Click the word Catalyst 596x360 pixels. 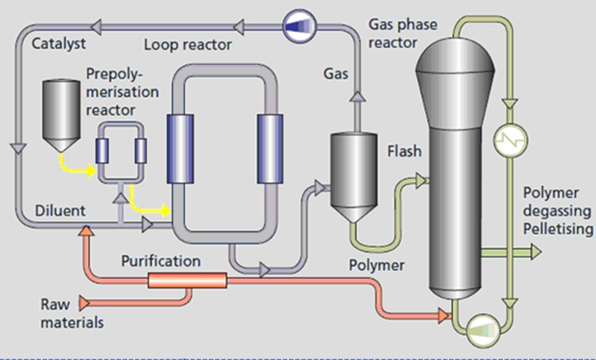(x=56, y=44)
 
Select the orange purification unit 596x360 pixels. (x=188, y=281)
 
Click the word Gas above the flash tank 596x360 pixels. (x=337, y=74)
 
